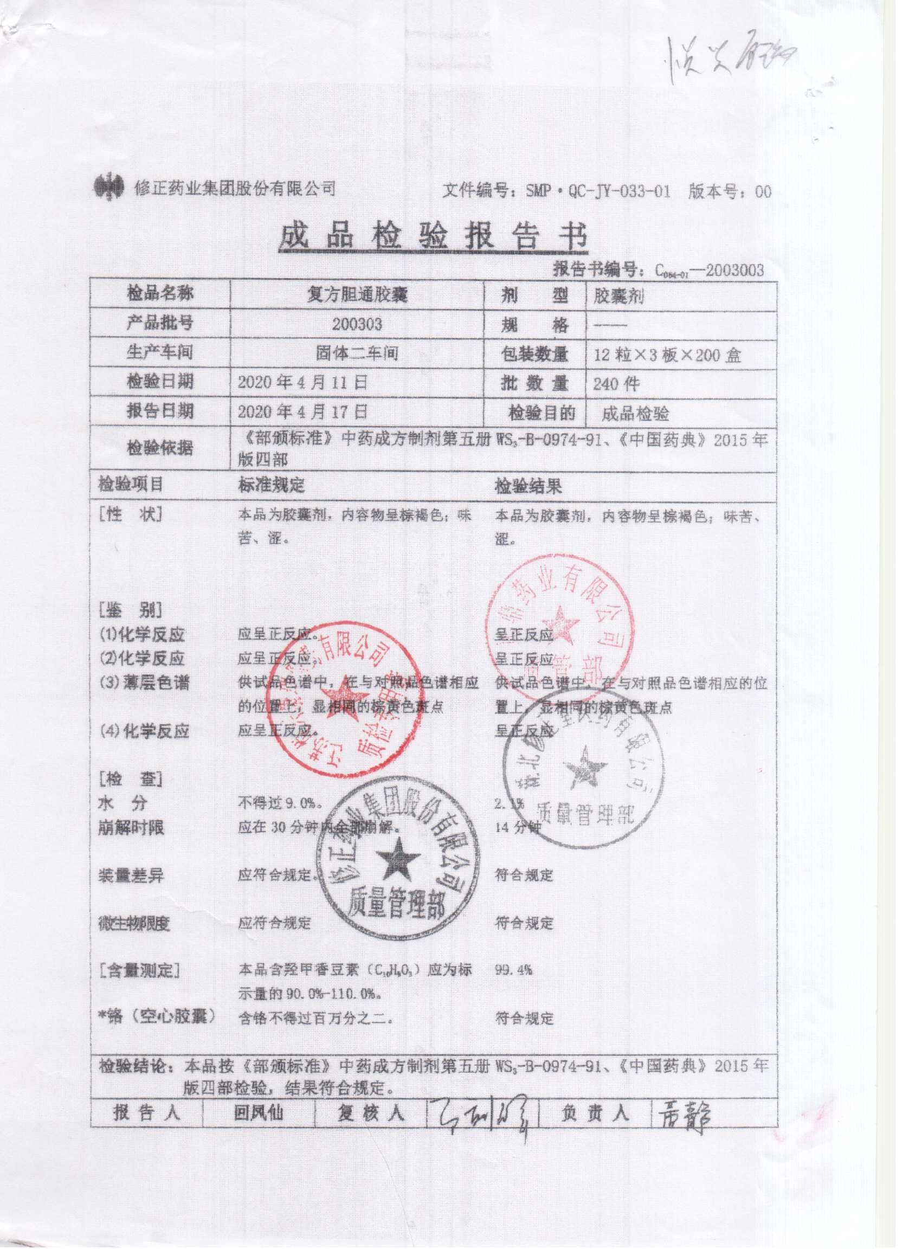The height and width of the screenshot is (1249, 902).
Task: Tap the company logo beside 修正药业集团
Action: (108, 189)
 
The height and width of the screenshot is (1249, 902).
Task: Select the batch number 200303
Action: (356, 324)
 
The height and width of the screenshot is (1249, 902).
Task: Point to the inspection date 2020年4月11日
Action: (302, 383)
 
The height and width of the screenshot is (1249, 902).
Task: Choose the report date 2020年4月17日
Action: (302, 411)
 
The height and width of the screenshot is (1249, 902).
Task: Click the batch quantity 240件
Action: (616, 384)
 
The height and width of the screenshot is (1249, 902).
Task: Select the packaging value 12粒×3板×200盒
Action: (667, 355)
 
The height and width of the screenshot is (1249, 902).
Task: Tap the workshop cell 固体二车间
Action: (356, 353)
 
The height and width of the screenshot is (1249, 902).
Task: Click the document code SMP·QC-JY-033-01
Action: (598, 192)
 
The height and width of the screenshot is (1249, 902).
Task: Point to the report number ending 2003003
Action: (710, 270)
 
